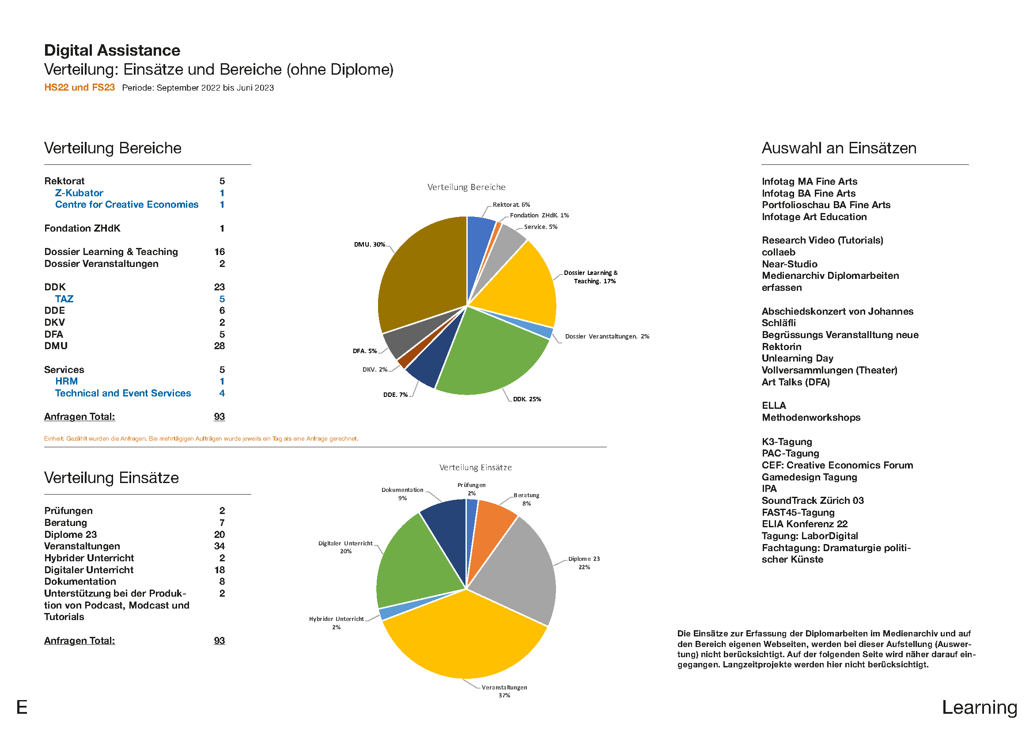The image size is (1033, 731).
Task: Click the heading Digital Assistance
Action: pos(112,50)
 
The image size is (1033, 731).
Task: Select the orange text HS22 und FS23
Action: pos(79,88)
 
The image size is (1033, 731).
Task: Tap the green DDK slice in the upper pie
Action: pos(490,356)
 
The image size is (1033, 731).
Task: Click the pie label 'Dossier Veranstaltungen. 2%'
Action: pos(607,336)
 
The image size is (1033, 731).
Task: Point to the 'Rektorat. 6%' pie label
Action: pos(511,205)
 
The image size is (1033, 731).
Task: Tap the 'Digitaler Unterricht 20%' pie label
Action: pos(345,547)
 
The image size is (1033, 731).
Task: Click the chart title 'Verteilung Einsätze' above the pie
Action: pos(476,468)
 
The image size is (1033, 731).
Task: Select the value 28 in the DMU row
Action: pos(219,346)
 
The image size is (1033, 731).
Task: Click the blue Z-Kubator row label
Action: pos(79,193)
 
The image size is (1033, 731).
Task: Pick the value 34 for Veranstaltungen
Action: pos(219,546)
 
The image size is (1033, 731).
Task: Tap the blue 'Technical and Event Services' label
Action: pos(123,393)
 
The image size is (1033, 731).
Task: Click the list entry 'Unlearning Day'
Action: pos(797,359)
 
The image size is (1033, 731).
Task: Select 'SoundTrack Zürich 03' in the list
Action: pos(813,501)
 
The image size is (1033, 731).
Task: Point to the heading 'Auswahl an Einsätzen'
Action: pos(839,148)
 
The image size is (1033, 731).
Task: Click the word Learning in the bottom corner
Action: pos(980,708)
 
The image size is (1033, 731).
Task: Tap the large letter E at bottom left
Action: pos(22,708)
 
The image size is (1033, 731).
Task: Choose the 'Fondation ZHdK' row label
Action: pos(82,228)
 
